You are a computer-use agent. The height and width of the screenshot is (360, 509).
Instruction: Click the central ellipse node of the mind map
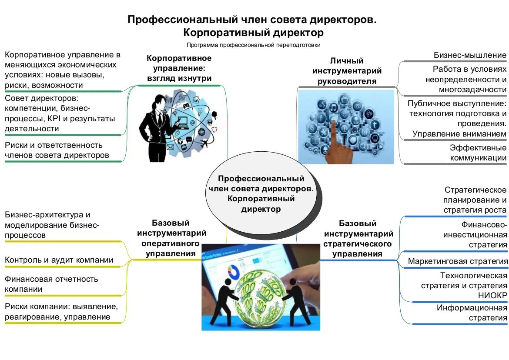click(261, 194)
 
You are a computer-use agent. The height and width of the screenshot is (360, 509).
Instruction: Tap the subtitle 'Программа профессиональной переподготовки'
click(254, 45)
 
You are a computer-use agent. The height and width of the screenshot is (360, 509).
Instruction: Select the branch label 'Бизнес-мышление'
click(470, 55)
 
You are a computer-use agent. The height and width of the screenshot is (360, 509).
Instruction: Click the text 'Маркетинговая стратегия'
click(458, 261)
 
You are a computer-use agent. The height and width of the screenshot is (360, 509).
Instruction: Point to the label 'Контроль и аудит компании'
click(59, 260)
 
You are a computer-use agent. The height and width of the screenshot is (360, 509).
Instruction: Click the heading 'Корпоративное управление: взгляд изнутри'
click(179, 68)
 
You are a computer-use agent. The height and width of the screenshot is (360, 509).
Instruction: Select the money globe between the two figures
click(261, 300)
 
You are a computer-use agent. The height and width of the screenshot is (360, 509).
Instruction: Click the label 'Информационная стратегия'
click(472, 313)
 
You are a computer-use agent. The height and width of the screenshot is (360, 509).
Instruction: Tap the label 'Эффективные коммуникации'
click(478, 153)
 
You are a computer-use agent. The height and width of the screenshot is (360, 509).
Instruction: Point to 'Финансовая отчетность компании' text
click(52, 284)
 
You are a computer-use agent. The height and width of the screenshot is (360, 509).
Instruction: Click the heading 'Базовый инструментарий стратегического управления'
click(357, 239)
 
